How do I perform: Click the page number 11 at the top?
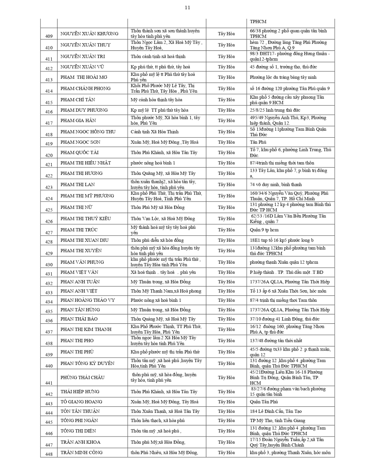(x=187, y=8)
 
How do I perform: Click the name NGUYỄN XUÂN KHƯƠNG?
(x=89, y=34)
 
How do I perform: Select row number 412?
(x=49, y=68)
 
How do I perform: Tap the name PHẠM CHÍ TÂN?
(x=78, y=100)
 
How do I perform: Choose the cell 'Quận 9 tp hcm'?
(x=264, y=230)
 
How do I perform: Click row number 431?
(x=49, y=274)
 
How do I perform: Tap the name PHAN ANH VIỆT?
(x=79, y=291)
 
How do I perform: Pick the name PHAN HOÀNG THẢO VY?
(x=87, y=300)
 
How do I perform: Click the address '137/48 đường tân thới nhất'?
(x=276, y=340)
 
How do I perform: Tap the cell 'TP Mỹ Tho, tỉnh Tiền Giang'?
(x=277, y=420)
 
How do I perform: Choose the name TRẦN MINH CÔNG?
(x=82, y=453)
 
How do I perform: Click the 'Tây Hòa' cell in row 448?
(x=226, y=453)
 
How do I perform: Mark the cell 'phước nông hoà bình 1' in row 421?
(x=153, y=163)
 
